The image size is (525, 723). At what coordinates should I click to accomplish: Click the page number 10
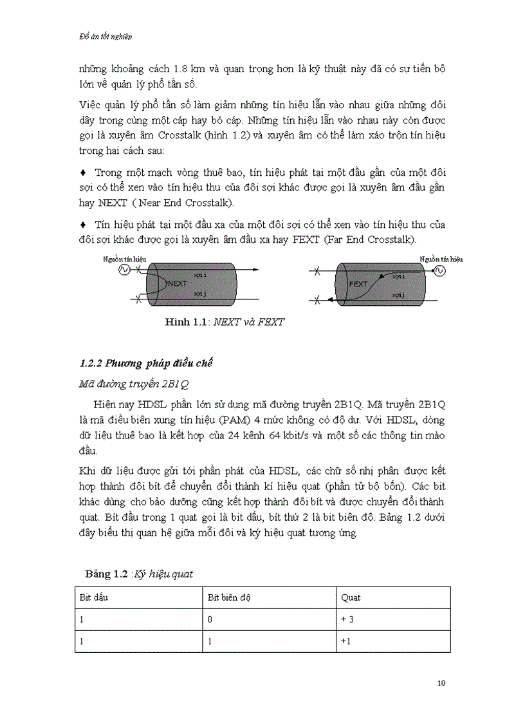coord(441,683)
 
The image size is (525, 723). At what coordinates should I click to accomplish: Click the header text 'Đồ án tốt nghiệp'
coord(96,37)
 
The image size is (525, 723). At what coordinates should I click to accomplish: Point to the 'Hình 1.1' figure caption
coord(224,322)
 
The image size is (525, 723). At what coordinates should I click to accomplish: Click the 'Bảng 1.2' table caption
coord(139,573)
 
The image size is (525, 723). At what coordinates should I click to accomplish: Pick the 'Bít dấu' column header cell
coord(93,597)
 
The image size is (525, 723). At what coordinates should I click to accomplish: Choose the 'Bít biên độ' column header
coord(228,597)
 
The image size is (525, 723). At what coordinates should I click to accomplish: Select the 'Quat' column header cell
coord(351,597)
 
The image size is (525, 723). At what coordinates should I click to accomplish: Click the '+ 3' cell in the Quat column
coord(348,619)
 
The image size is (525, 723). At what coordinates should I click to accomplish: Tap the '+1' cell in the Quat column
coord(346,641)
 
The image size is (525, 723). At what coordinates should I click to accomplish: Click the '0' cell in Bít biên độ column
coord(209,619)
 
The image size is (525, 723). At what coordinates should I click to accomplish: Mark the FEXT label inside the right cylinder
coord(358,283)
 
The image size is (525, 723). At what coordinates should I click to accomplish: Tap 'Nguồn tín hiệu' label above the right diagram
coord(441,259)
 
